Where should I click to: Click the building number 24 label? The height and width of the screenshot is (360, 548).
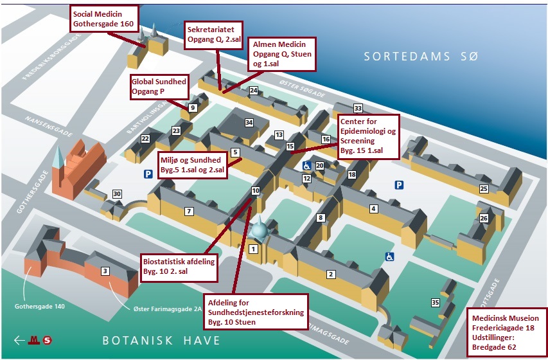tap(254, 91)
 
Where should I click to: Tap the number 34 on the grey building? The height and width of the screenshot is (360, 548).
tap(249, 122)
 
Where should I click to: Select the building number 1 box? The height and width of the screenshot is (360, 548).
tap(253, 249)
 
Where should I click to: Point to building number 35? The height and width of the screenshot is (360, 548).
tap(435, 303)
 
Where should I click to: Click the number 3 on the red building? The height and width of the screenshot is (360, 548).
tap(105, 271)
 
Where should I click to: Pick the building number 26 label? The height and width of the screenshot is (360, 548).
tap(484, 219)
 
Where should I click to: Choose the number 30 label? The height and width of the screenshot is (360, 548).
tap(116, 194)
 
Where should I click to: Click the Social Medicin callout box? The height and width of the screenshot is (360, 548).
tap(104, 19)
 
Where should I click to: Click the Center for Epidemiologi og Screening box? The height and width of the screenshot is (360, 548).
tap(368, 136)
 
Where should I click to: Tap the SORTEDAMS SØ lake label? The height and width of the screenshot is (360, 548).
tap(421, 57)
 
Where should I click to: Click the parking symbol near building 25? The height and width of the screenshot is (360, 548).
tap(399, 185)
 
